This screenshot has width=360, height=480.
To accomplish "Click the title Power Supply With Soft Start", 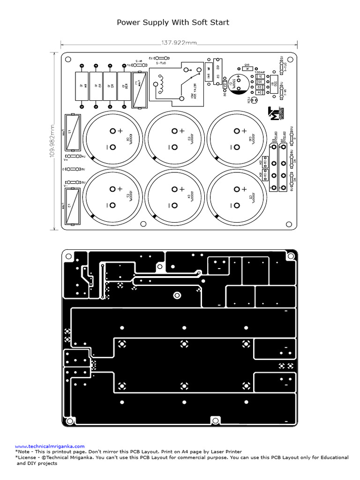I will pyautogui.click(x=173, y=22).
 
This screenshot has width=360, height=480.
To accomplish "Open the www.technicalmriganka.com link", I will pyautogui.click(x=50, y=446).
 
